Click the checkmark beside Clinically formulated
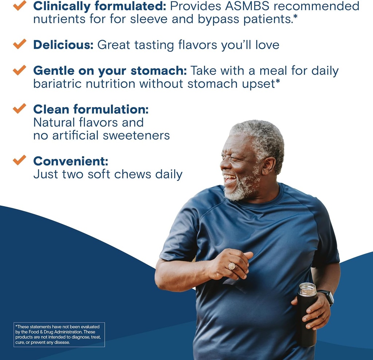(x=19, y=5)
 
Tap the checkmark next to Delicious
(x=19, y=44)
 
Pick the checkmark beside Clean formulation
(x=19, y=108)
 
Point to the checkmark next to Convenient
(x=19, y=159)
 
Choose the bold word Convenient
(x=71, y=161)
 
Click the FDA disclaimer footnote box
(x=59, y=335)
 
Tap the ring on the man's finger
(x=232, y=266)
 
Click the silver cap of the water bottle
(x=307, y=289)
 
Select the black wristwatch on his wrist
(x=326, y=296)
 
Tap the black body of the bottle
(x=306, y=324)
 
